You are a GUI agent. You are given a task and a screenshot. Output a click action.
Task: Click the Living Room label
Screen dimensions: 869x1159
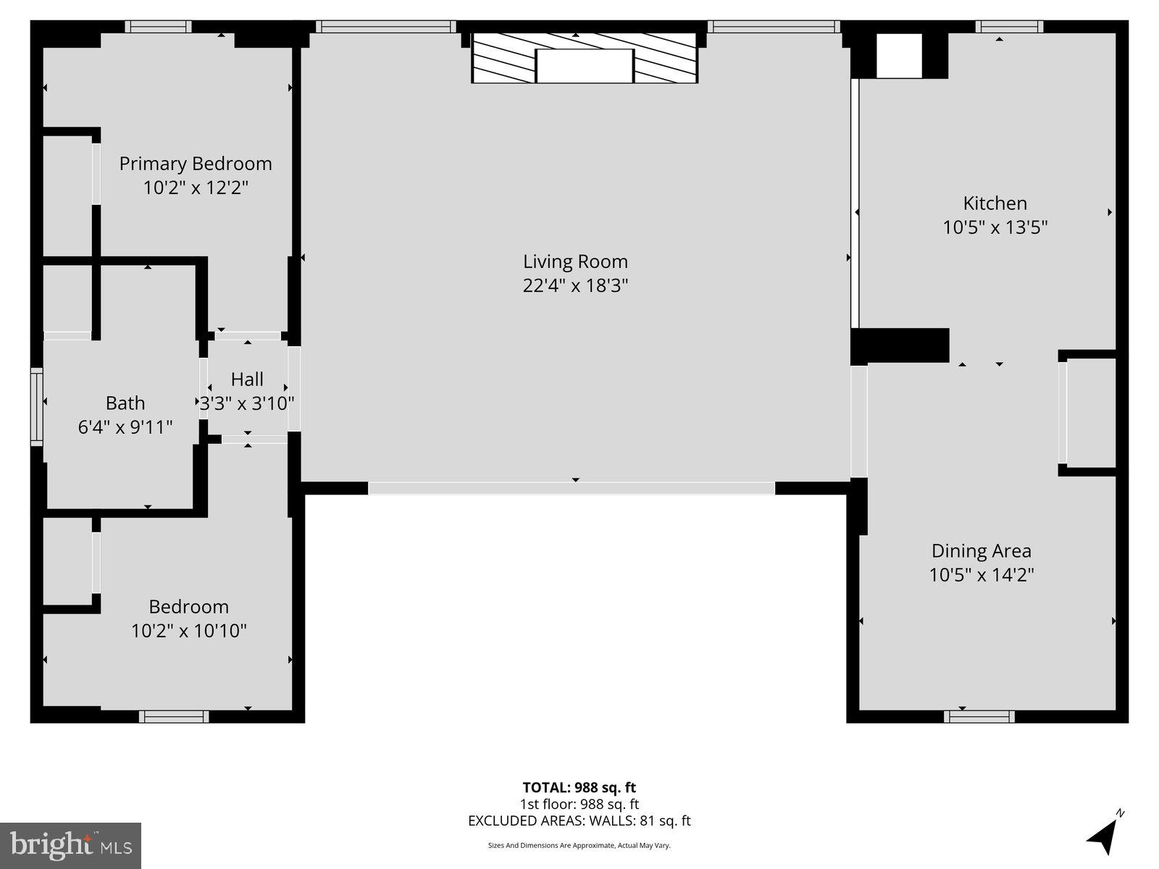point(575,261)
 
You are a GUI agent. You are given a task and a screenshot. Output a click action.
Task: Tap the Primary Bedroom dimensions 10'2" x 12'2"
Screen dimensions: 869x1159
point(196,188)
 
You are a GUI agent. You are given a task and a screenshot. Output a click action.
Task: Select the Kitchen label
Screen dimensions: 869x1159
point(995,203)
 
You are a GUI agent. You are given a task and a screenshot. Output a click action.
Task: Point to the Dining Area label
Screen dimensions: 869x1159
point(981,551)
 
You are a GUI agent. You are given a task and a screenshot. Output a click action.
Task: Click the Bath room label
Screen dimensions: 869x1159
point(125,403)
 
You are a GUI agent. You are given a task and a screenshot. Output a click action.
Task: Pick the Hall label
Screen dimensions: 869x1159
point(247,379)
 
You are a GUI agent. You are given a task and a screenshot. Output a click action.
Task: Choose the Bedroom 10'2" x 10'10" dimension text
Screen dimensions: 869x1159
point(188,631)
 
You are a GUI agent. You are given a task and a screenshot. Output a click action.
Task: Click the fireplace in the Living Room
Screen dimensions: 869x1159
point(585,58)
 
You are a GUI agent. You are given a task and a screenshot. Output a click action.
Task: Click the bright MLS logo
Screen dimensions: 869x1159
point(70,845)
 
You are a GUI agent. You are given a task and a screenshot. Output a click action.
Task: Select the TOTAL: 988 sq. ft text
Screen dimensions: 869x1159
point(579,787)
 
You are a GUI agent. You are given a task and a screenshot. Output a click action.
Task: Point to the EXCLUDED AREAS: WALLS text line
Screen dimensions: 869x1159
point(579,820)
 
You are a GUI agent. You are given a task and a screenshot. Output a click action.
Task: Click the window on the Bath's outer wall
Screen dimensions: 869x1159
point(36,406)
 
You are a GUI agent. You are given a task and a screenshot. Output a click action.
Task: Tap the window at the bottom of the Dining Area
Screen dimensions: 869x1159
point(979,716)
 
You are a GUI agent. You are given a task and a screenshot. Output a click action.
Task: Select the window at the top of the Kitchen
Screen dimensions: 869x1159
point(1009,27)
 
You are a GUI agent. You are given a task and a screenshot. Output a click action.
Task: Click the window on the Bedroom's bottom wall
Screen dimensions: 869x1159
point(174,716)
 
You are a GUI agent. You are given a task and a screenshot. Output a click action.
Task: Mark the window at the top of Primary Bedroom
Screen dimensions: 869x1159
point(158,27)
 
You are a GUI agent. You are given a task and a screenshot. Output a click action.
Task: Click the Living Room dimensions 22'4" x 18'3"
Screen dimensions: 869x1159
point(575,285)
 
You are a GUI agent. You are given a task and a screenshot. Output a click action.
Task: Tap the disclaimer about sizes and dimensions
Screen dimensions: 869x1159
point(579,845)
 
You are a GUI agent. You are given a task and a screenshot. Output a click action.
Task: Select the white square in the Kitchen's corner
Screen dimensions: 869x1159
point(899,56)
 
